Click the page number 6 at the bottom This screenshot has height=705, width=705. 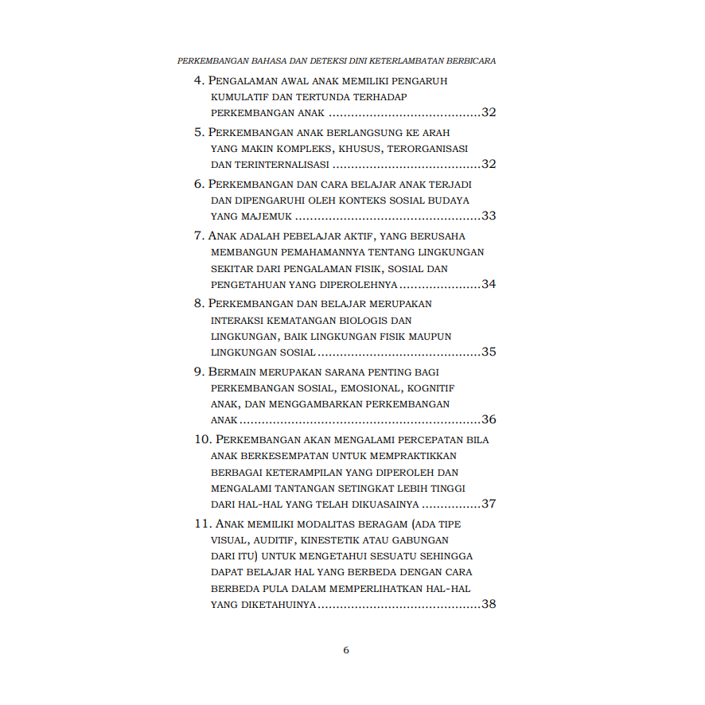[346, 650]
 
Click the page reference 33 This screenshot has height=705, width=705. [489, 216]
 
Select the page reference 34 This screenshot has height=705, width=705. [489, 284]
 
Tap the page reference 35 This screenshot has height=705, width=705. [489, 352]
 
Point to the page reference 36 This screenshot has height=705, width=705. [489, 419]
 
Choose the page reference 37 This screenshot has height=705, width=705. [489, 504]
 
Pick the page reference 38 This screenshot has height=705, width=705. [489, 604]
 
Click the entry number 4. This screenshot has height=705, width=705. [199, 81]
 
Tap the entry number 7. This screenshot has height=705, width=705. [199, 236]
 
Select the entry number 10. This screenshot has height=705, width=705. [202, 439]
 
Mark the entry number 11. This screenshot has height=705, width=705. [202, 524]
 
